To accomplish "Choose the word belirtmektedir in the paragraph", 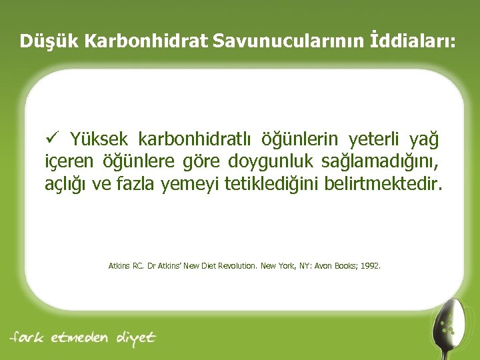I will pos(382,183).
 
